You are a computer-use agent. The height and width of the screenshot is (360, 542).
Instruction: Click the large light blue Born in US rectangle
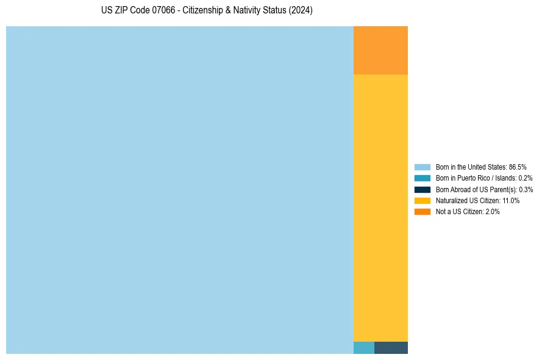pyautogui.click(x=180, y=190)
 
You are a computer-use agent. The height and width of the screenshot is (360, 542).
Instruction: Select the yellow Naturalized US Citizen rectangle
pyautogui.click(x=380, y=207)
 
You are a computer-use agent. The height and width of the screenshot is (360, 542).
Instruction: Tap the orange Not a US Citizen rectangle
pyautogui.click(x=380, y=50)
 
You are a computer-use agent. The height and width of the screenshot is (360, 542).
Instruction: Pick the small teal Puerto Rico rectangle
pyautogui.click(x=364, y=348)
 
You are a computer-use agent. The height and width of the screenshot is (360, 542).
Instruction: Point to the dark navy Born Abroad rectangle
pyautogui.click(x=391, y=348)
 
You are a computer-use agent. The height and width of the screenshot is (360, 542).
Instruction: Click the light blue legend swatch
pyautogui.click(x=423, y=167)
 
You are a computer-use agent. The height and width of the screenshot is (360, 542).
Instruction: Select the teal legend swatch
pyautogui.click(x=423, y=178)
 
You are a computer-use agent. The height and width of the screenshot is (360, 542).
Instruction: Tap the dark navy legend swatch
pyautogui.click(x=423, y=189)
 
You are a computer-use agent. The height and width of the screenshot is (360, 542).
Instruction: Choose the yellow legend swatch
pyautogui.click(x=423, y=200)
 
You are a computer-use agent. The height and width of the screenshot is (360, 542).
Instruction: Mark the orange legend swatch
pyautogui.click(x=423, y=211)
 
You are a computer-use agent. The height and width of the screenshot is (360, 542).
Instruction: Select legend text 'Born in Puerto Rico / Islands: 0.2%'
pyautogui.click(x=484, y=178)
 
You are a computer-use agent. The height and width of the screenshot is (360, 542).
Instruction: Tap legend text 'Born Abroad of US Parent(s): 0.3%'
pyautogui.click(x=484, y=189)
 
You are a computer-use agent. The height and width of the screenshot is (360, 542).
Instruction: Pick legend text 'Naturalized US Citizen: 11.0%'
pyautogui.click(x=477, y=200)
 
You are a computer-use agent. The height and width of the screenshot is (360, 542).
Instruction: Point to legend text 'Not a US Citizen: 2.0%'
pyautogui.click(x=468, y=211)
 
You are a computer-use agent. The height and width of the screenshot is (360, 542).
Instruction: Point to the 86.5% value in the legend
pyautogui.click(x=517, y=167)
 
